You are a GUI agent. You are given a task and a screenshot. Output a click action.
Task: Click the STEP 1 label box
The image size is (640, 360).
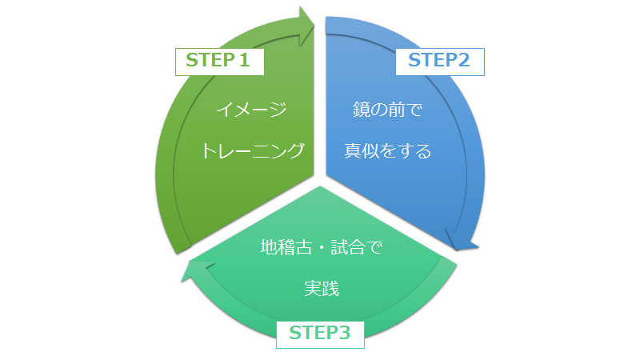tap(219, 61)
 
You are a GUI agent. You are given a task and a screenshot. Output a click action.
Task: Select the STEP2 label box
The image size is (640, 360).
tap(439, 61)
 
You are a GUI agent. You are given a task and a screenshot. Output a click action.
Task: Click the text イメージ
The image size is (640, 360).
tap(252, 110)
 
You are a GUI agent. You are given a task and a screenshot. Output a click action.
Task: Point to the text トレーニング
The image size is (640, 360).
tap(252, 150)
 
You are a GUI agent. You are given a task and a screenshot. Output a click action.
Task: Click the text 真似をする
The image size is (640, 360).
tap(387, 150)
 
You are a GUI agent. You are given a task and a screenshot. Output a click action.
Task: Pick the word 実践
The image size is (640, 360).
tap(321, 289)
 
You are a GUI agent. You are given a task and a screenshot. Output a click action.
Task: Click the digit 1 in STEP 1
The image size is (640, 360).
tap(246, 61)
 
